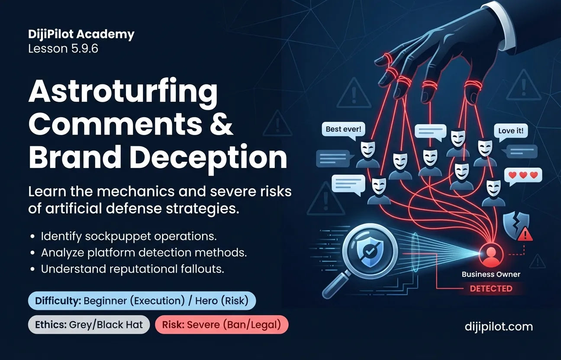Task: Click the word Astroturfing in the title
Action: coord(123,93)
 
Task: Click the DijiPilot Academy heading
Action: coord(81,34)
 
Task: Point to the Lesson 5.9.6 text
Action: coord(63,48)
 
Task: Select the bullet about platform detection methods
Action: coord(138,253)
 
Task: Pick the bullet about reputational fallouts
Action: coord(127,269)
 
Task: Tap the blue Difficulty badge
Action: coord(142,301)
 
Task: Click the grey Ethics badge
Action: coord(89,325)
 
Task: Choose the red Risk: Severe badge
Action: coord(222,325)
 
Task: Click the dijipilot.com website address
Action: coord(499,327)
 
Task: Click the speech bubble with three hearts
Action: coord(523,176)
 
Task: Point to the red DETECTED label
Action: coord(491,289)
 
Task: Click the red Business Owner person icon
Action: coord(491,254)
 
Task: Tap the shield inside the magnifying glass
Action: coord(369,251)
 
